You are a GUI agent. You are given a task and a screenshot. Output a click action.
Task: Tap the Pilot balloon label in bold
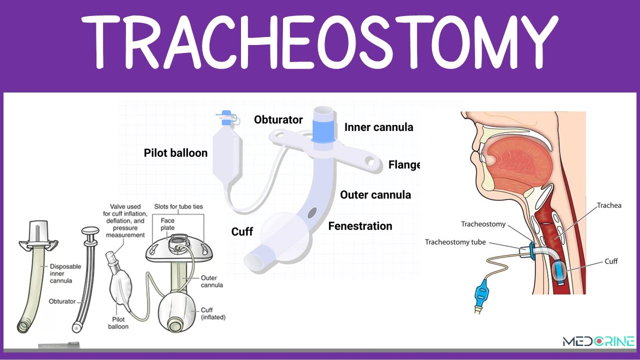[175, 153]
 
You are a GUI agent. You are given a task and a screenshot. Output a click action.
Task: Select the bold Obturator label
[278, 120]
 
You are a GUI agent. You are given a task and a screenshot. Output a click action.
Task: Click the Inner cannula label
[378, 127]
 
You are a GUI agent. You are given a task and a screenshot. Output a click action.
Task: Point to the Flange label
[404, 164]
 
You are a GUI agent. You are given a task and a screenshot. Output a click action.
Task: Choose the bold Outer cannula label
[375, 195]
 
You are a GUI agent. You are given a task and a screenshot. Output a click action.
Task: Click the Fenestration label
[360, 226]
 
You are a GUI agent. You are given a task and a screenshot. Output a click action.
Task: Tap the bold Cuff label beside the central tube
[242, 232]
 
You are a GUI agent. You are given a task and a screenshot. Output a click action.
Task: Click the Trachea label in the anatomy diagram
[609, 205]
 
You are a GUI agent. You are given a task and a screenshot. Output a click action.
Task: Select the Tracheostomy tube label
[455, 242]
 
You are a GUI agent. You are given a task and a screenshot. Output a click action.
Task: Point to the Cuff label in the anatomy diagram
[611, 261]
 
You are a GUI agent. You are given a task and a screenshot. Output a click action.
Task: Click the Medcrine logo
[598, 342]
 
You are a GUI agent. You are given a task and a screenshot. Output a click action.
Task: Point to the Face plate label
[168, 224]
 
